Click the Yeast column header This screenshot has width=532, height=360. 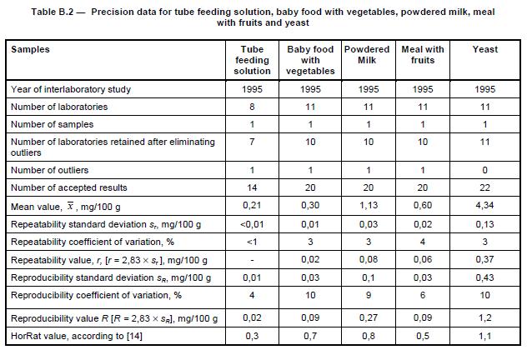coord(484,50)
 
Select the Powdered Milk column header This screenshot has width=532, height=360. coord(367,55)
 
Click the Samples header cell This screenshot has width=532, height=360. coord(31,50)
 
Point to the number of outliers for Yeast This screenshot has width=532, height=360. coord(484,170)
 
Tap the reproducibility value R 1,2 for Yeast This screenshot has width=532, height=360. coord(484,317)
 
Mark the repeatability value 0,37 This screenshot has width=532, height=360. coord(484,260)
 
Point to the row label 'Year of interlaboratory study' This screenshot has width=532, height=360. coord(71,89)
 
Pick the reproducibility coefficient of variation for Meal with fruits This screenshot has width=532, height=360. coord(423,295)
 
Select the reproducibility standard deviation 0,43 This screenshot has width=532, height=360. coord(484,277)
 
